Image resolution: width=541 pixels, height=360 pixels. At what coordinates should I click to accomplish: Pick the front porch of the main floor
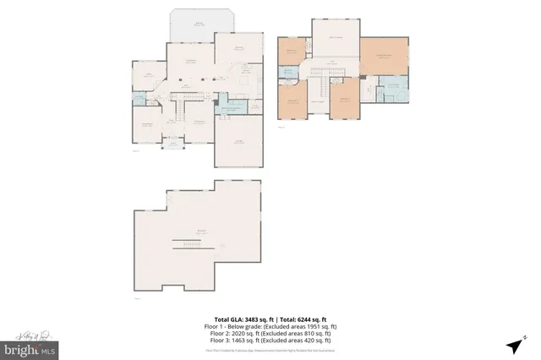click(x=174, y=144)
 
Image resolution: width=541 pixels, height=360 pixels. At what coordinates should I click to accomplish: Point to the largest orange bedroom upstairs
click(x=385, y=57)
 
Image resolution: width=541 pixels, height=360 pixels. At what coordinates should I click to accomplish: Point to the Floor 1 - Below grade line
click(x=270, y=319)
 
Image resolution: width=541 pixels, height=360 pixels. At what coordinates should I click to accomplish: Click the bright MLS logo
click(x=30, y=348)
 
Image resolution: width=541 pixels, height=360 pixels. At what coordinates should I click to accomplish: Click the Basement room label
click(x=201, y=232)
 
